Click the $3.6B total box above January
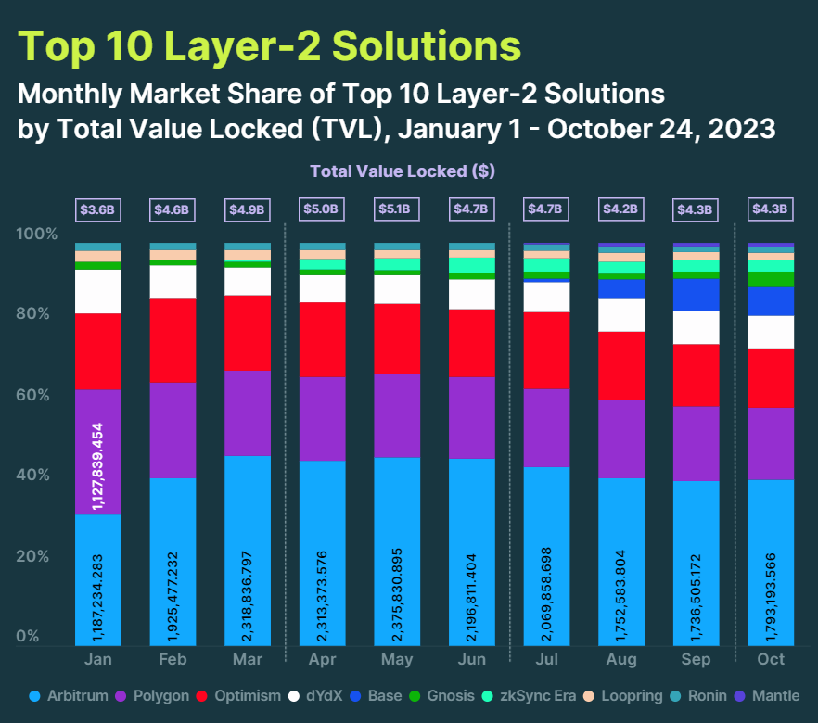click(98, 209)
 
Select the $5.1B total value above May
click(396, 209)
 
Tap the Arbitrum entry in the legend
click(69, 695)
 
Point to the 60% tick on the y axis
click(34, 395)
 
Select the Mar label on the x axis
click(248, 659)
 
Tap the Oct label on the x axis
click(771, 659)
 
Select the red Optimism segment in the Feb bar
click(173, 340)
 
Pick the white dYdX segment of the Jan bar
click(98, 291)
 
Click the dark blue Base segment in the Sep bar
click(696, 295)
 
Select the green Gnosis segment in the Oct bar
click(771, 279)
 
